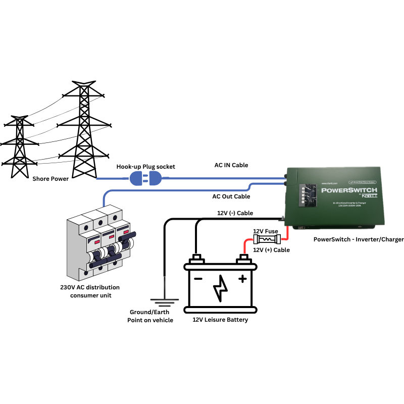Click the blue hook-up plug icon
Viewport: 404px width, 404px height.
(145, 178)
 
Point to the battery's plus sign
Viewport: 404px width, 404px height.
(243, 278)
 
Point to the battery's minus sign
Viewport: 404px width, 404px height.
(198, 278)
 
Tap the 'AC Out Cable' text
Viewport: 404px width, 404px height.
(231, 196)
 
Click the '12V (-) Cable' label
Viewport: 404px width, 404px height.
(235, 213)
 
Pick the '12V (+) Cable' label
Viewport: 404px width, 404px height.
(271, 250)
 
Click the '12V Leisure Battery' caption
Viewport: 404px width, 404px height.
(220, 320)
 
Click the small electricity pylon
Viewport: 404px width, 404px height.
(20, 146)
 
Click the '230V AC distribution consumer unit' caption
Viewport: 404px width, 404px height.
(89, 291)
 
